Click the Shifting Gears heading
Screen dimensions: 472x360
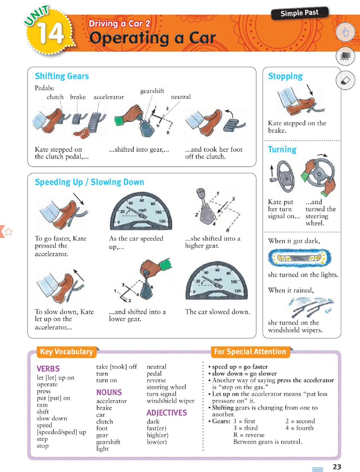click(62, 76)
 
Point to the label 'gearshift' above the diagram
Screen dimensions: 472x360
click(152, 91)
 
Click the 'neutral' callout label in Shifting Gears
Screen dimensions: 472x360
click(181, 97)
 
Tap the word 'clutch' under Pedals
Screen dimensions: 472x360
click(55, 97)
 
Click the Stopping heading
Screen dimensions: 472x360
click(285, 76)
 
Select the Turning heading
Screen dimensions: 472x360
click(282, 149)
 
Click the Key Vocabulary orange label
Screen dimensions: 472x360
click(66, 351)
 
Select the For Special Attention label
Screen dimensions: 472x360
click(250, 351)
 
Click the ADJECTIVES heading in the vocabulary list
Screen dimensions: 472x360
click(167, 413)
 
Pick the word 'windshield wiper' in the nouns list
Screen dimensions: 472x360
click(171, 401)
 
